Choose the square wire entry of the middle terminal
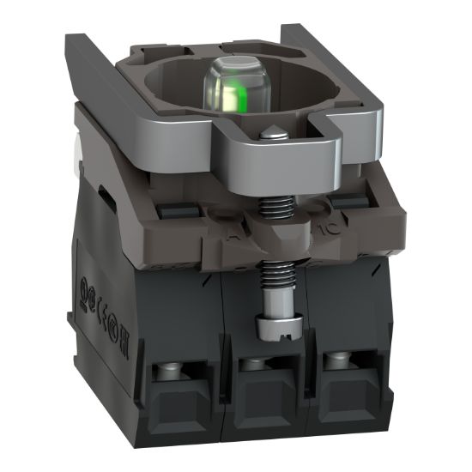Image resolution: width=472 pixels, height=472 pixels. (x=263, y=400)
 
